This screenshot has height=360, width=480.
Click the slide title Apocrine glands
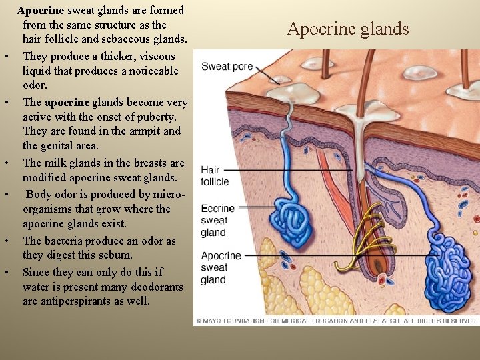pos(347,29)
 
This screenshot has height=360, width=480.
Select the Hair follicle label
pos(215,175)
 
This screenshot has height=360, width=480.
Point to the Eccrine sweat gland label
pos(217,220)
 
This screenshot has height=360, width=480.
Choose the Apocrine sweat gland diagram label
pos(220,267)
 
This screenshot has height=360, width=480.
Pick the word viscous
pos(157,56)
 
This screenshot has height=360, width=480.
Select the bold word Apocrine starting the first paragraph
pos(41,11)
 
